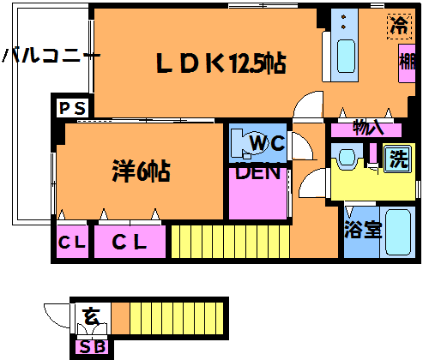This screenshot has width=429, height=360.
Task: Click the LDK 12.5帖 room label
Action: (x=221, y=63)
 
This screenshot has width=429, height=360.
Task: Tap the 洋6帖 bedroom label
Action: (x=142, y=171)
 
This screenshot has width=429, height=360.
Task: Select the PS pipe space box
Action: (x=72, y=108)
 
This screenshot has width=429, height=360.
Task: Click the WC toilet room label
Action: (x=268, y=143)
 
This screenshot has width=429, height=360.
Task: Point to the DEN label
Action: (x=257, y=172)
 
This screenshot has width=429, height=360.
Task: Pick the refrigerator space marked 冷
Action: (x=399, y=27)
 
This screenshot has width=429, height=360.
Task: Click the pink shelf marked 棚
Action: (x=407, y=63)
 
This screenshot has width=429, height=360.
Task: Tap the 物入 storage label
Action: (x=367, y=129)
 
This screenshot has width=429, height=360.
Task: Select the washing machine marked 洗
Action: (x=398, y=159)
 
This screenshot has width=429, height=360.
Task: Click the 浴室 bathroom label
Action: (x=363, y=230)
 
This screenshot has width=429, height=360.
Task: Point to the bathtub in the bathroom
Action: (x=398, y=232)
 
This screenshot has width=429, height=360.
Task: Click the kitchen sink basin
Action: (x=346, y=57)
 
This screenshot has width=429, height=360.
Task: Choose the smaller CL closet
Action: (x=72, y=242)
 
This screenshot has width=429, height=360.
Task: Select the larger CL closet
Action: (x=130, y=242)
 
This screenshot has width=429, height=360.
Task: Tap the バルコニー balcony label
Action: (x=51, y=56)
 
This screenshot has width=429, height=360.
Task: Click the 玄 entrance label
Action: (x=90, y=316)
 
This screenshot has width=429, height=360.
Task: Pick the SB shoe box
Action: (x=92, y=347)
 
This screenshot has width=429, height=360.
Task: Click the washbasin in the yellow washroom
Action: (x=347, y=158)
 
